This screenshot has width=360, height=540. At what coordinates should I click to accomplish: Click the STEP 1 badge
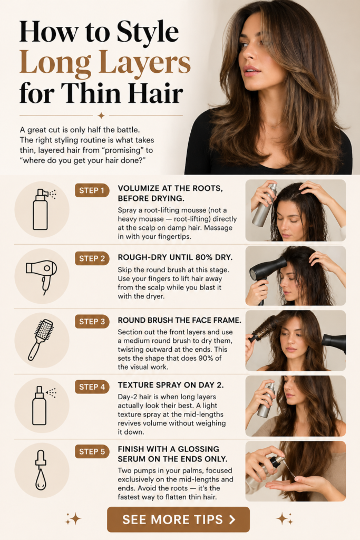92,190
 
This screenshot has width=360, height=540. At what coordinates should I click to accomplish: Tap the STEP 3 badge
92,322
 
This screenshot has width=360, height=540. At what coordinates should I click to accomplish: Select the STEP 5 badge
92,451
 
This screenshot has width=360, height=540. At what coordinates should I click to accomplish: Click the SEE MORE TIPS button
178,519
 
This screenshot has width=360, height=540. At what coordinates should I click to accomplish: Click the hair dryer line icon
41,275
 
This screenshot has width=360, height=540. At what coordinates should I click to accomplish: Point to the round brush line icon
41,339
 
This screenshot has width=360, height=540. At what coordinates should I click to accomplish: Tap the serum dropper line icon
41,470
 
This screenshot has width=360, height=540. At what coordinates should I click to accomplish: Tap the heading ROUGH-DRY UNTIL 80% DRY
175,257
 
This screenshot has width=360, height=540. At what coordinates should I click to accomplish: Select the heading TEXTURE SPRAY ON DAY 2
171,385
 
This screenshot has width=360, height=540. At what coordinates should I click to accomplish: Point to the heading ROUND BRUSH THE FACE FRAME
179,320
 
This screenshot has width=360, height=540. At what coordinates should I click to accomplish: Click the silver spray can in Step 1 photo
265,205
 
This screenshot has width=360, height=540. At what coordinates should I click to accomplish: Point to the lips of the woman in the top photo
251,70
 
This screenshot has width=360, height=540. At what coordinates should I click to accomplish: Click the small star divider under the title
101,115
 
